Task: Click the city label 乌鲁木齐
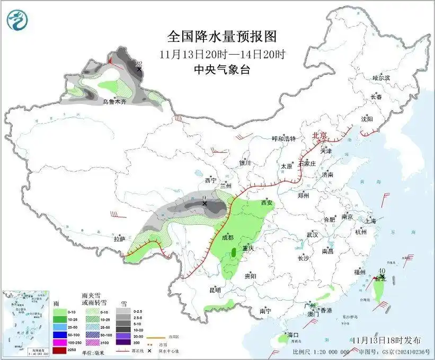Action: [x=115, y=101]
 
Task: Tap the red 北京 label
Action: [x=320, y=135]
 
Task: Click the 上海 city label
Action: [x=370, y=221]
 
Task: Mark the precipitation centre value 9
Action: [x=204, y=198]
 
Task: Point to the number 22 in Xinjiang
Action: [x=139, y=63]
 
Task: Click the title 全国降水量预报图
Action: [x=222, y=36]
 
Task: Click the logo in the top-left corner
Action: [x=17, y=20]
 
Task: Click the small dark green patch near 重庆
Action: [x=233, y=253]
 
